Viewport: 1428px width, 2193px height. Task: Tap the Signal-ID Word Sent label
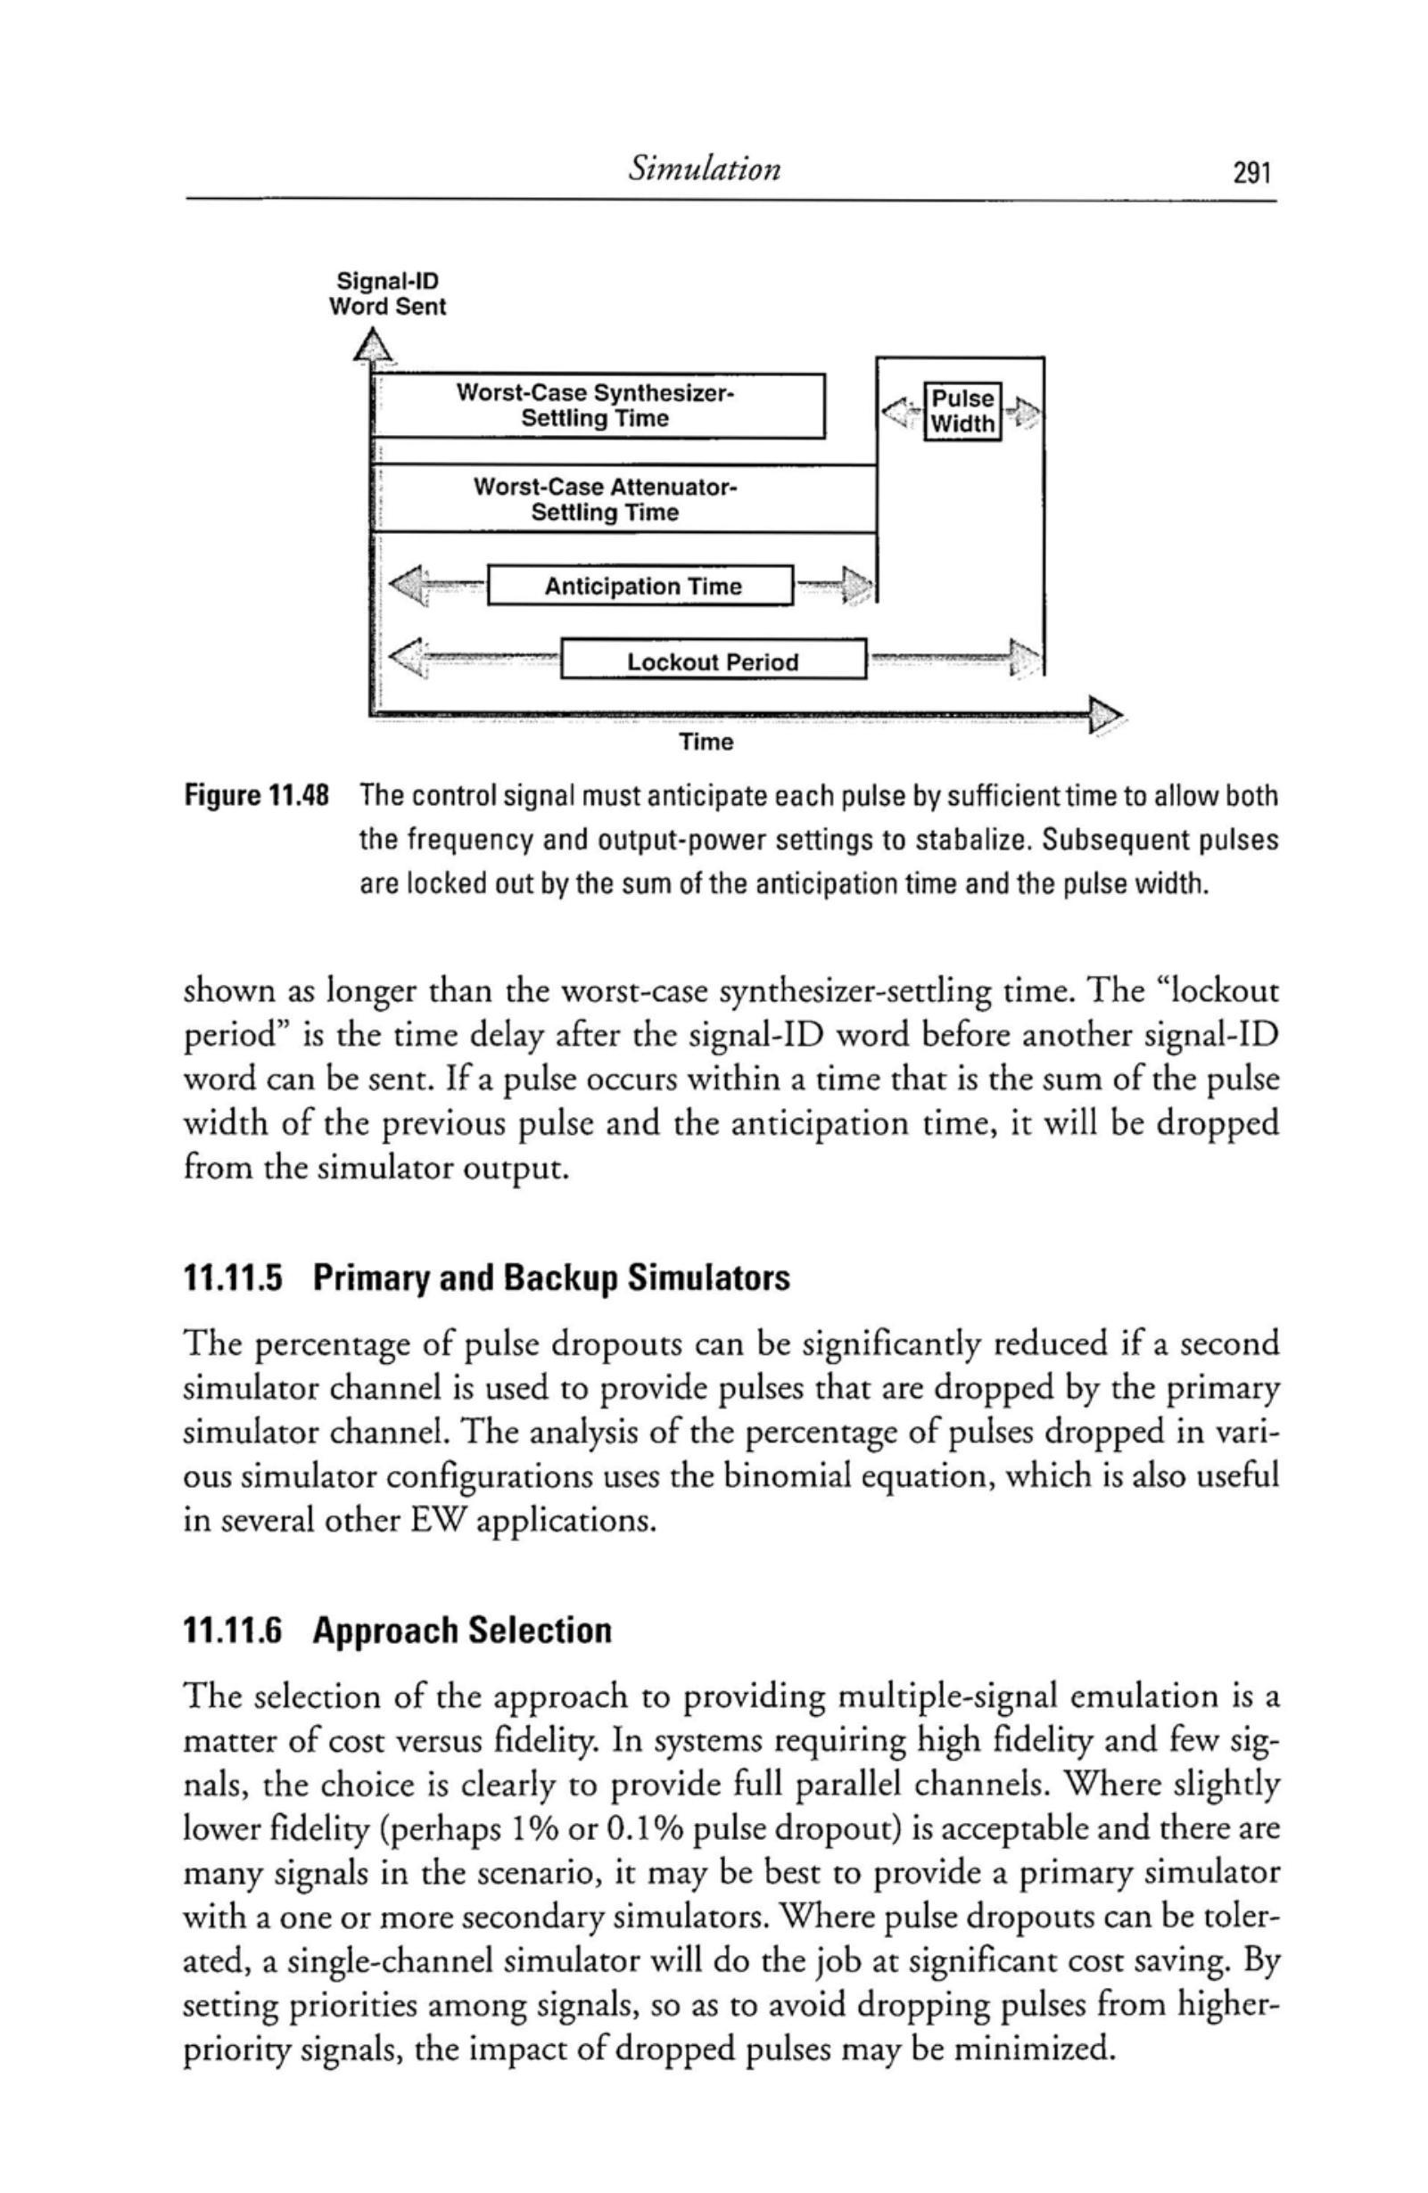387,294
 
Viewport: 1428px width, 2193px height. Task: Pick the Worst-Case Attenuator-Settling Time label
605,499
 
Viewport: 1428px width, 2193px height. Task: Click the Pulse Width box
962,411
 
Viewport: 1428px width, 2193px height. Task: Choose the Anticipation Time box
640,587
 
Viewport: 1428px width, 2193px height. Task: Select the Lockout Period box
712,662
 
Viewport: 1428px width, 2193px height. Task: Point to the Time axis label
706,742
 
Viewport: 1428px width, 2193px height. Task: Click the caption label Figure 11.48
257,795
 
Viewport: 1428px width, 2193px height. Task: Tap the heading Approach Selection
462,1630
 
